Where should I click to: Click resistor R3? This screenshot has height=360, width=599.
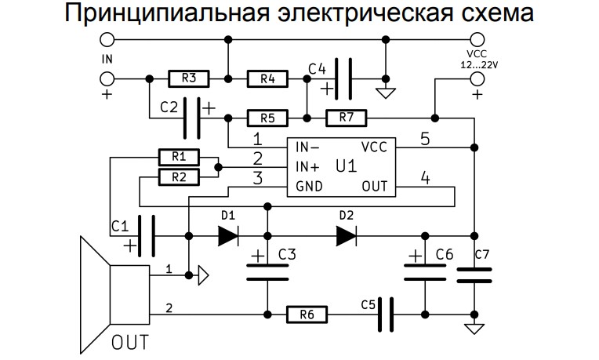(x=189, y=78)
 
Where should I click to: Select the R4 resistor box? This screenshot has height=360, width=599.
(x=267, y=79)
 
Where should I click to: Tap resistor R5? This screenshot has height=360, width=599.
(x=267, y=118)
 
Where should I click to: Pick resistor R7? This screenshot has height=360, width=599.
(x=346, y=118)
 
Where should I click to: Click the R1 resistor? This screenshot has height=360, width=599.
(x=179, y=157)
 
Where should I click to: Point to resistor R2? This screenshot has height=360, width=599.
(x=179, y=177)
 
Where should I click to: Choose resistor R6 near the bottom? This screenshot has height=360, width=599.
(x=307, y=315)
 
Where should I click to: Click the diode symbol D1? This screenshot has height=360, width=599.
(x=228, y=236)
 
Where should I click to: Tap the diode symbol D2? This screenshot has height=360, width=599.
(x=346, y=236)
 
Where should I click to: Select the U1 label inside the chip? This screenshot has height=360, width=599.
(x=347, y=166)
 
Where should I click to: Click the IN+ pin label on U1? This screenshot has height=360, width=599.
(x=307, y=167)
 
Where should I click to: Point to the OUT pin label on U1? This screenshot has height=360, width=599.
(x=375, y=187)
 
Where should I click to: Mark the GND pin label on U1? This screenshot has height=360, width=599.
(x=309, y=187)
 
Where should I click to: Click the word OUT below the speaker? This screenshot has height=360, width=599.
(x=130, y=343)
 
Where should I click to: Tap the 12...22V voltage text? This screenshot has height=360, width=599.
(x=479, y=65)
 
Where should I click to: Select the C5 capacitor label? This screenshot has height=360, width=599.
(x=368, y=305)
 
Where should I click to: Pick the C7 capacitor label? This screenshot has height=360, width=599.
(x=482, y=254)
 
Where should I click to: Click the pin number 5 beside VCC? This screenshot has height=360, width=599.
(x=425, y=139)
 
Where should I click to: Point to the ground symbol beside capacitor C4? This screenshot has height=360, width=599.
(x=386, y=93)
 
